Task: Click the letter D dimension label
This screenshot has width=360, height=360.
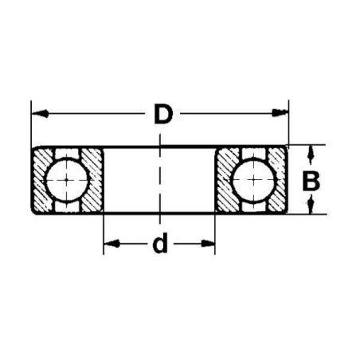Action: (x=163, y=115)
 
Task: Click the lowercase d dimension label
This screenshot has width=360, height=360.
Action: (x=160, y=243)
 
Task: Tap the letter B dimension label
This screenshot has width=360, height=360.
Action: (x=311, y=182)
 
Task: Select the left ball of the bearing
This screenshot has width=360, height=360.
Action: (x=66, y=180)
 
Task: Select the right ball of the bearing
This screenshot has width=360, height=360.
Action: (x=253, y=180)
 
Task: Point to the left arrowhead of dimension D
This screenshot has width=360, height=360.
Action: (x=41, y=114)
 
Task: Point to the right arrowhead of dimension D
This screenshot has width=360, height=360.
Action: (x=280, y=112)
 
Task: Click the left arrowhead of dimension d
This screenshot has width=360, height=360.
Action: (x=112, y=243)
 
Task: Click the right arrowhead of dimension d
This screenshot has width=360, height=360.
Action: (x=207, y=243)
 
